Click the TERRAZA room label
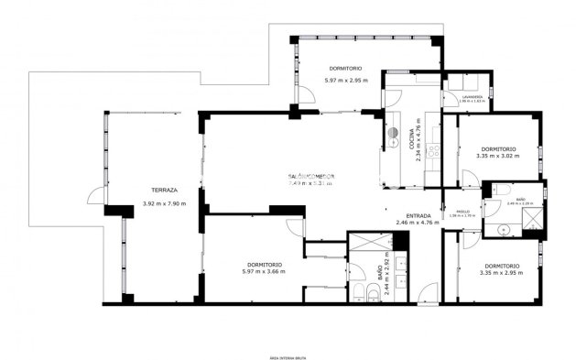(164, 190)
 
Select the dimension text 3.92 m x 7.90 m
(164, 203)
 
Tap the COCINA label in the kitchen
(411, 137)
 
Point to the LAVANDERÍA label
(473, 95)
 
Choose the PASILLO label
(463, 211)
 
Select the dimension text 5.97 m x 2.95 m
(345, 81)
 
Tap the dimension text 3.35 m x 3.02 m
(497, 156)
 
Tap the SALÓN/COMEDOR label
(311, 176)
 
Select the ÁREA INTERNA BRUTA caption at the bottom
(287, 355)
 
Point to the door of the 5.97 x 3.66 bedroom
(295, 227)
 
